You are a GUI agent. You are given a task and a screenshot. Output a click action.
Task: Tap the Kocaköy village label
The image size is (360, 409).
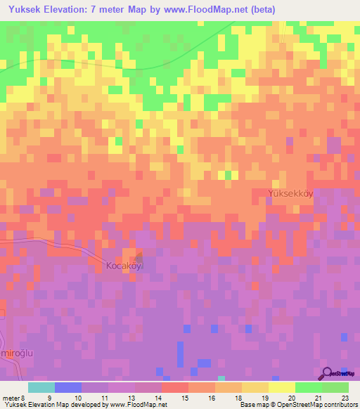tap(124, 266)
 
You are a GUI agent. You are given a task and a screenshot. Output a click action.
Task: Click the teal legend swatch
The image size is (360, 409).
tap(41, 387)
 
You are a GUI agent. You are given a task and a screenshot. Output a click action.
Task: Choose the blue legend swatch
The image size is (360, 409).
tap(68, 387)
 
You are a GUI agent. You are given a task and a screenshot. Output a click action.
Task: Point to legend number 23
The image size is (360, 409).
tap(344, 397)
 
